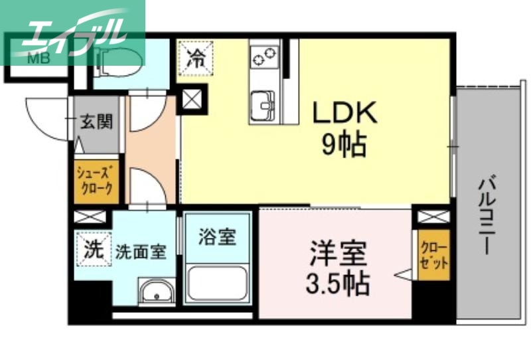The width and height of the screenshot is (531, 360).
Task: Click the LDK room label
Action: (344, 113)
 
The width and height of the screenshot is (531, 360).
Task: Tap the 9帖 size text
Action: (344, 145)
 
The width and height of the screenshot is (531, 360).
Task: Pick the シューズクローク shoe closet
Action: (97, 182)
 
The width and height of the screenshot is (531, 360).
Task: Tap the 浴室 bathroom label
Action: (217, 237)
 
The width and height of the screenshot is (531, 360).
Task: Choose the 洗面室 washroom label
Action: (140, 252)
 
